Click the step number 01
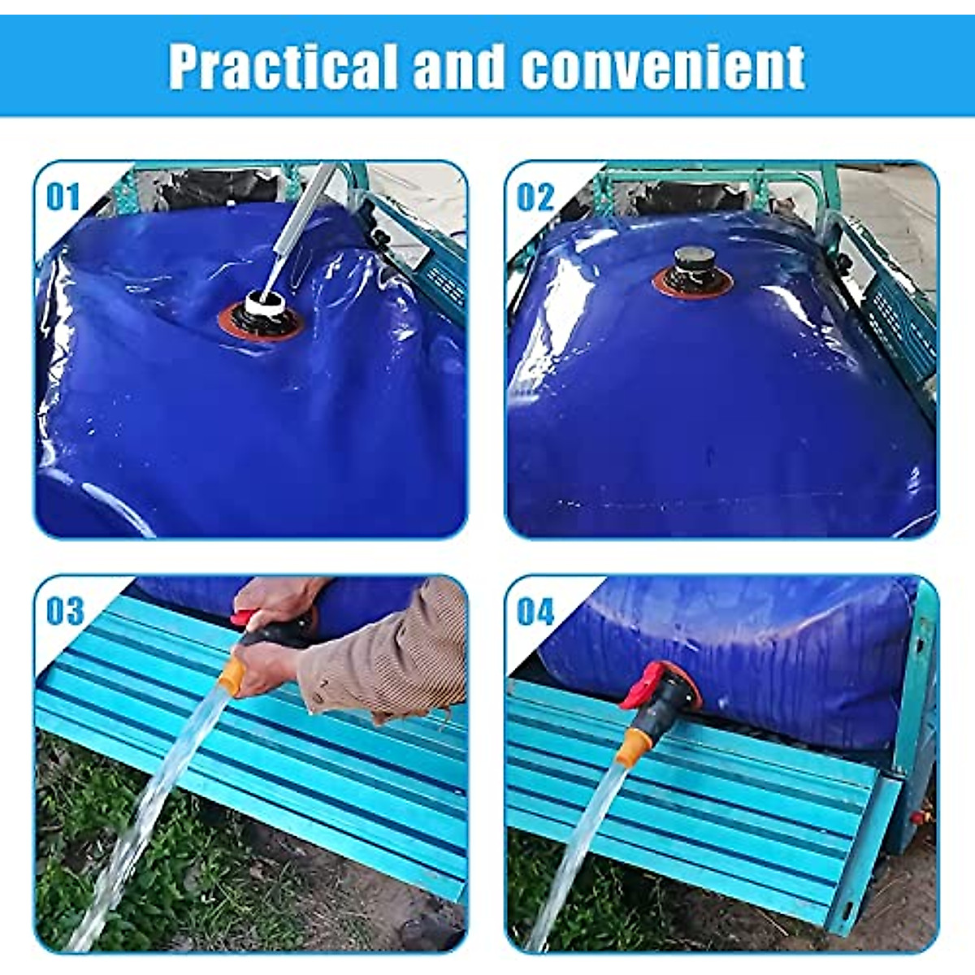63,197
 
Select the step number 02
535,197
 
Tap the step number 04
536,611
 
